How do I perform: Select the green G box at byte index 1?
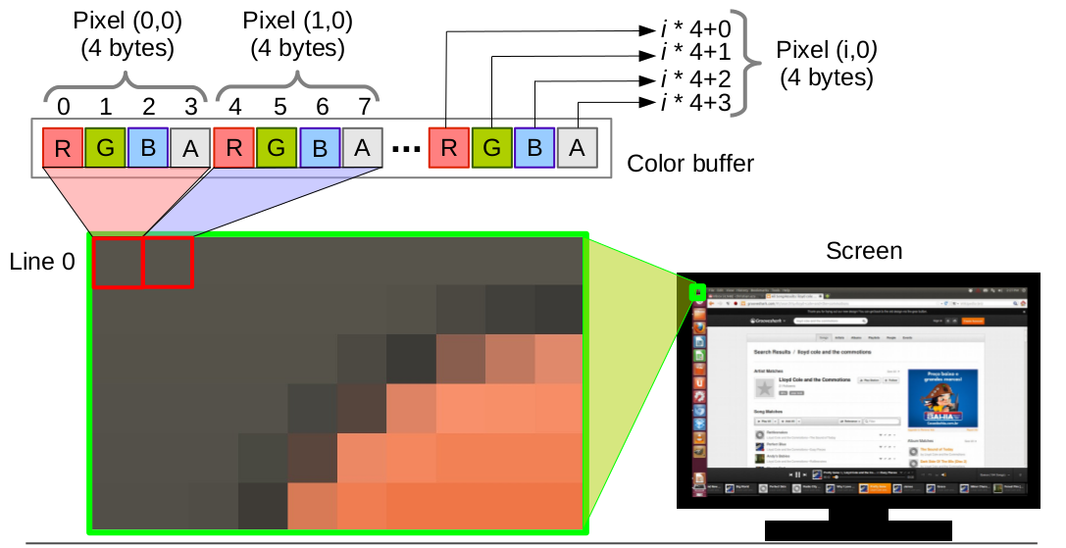(x=106, y=148)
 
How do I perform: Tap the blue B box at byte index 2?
(x=149, y=148)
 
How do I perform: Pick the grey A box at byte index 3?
(x=190, y=148)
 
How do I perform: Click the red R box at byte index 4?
(x=233, y=148)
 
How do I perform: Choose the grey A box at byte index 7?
(x=362, y=148)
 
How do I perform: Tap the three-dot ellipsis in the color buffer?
(x=405, y=150)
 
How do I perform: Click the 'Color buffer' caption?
(x=690, y=163)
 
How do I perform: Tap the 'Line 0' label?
(x=42, y=262)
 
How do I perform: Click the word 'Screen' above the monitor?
(x=863, y=251)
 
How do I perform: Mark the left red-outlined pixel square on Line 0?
(x=118, y=263)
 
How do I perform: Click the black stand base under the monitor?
(x=857, y=530)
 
